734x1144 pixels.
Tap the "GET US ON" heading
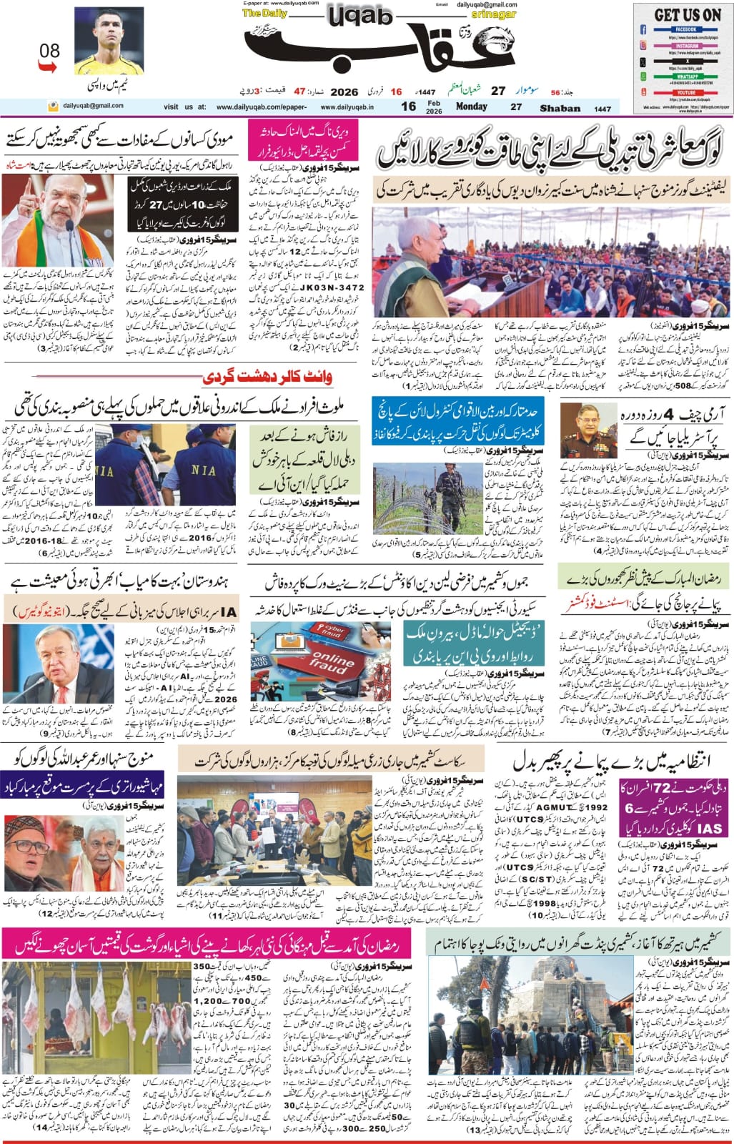click(688, 14)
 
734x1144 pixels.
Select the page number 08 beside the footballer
click(49, 51)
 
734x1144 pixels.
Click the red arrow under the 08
click(46, 66)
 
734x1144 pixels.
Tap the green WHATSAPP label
click(687, 76)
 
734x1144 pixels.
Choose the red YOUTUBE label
click(687, 92)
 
